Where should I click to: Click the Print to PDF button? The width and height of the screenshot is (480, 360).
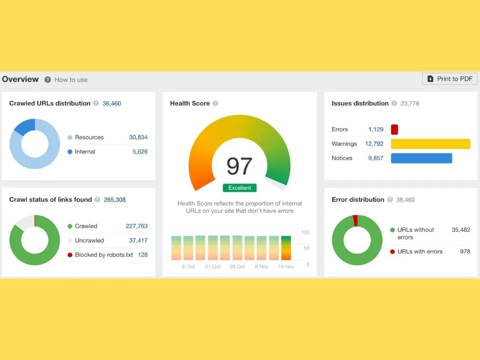click(x=449, y=79)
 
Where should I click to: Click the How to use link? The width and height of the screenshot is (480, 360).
click(x=71, y=80)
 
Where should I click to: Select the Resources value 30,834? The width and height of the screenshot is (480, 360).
click(x=138, y=137)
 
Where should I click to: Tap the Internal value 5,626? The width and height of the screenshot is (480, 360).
click(x=140, y=152)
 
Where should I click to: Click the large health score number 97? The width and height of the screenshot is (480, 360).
click(x=240, y=166)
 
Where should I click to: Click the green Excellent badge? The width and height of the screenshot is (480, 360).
click(x=240, y=188)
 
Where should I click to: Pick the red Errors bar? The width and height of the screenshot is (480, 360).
click(x=394, y=130)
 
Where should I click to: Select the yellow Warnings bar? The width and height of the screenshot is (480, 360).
click(x=431, y=144)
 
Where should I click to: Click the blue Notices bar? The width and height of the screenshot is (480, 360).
click(x=421, y=158)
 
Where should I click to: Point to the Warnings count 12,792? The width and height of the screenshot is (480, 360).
click(x=374, y=144)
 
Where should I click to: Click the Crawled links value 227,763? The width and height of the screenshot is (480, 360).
click(x=136, y=226)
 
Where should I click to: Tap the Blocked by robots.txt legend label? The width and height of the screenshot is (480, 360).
click(x=104, y=255)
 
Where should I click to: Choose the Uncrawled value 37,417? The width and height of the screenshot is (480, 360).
click(x=138, y=240)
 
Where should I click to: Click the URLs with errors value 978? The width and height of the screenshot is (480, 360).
click(x=465, y=252)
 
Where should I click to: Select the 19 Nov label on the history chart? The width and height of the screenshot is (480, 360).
click(x=286, y=266)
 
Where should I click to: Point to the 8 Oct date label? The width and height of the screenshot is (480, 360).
click(x=188, y=266)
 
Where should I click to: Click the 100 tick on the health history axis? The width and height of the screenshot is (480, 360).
click(x=305, y=232)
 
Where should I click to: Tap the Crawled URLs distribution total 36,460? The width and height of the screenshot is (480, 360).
click(x=112, y=104)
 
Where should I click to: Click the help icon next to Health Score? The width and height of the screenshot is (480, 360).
click(x=216, y=104)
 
